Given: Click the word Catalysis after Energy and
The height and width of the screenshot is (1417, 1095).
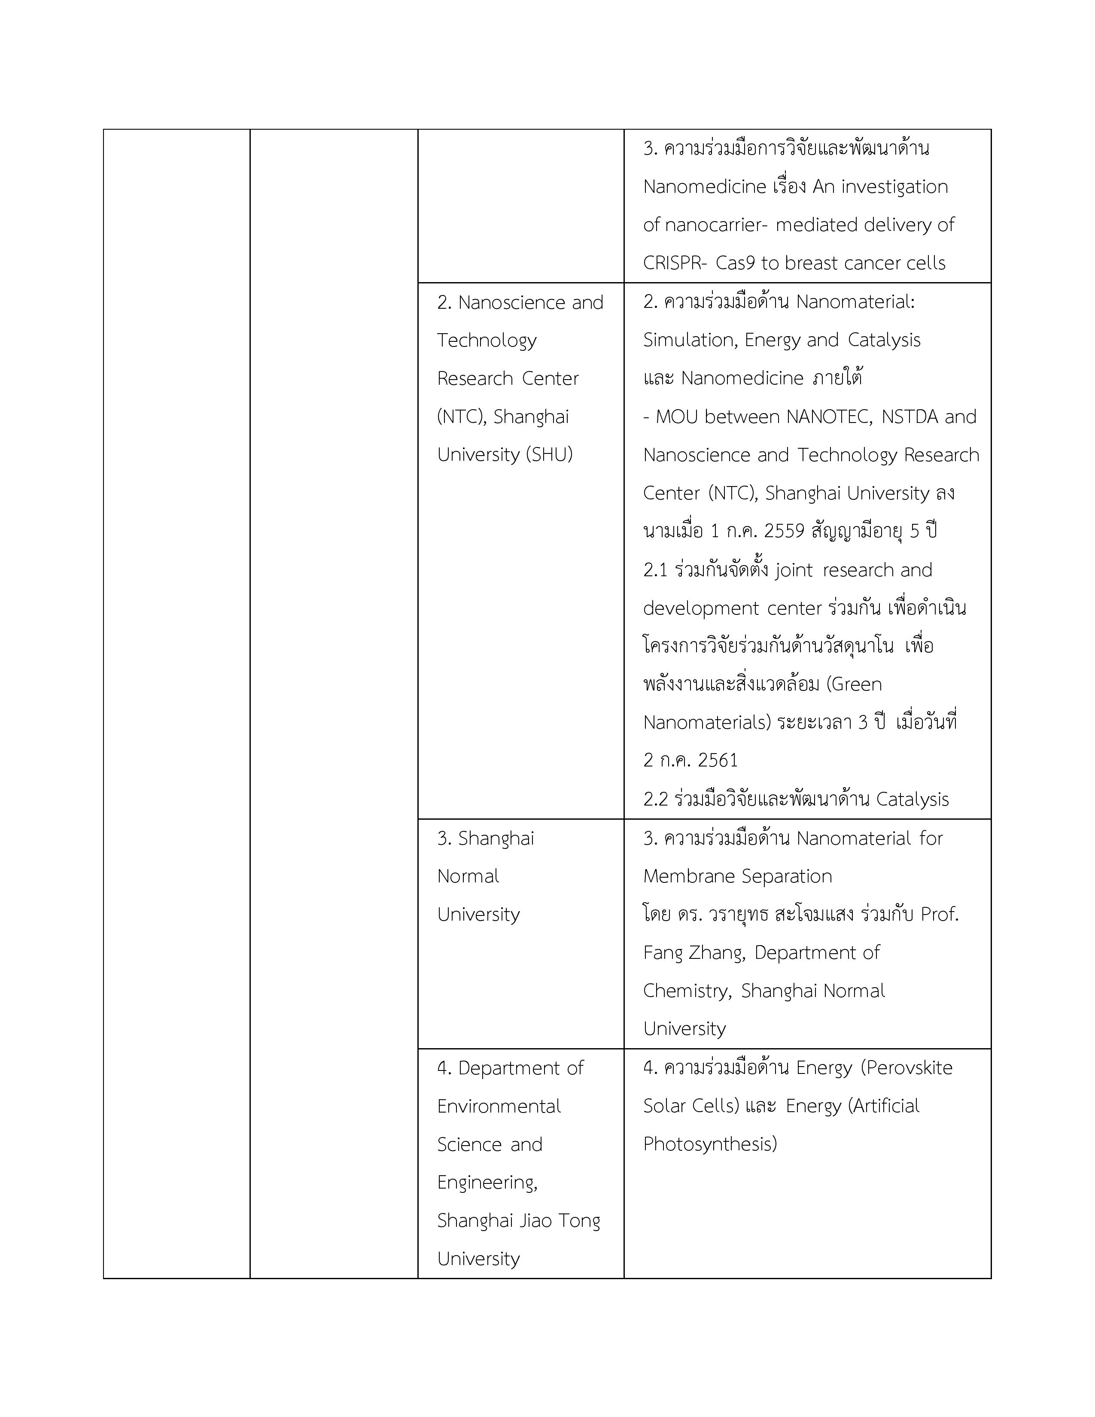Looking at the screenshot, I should (x=884, y=340).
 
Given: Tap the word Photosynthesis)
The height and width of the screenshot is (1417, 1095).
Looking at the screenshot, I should (x=710, y=1144).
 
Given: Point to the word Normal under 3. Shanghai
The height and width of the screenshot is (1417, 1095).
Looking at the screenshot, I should (x=468, y=876).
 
